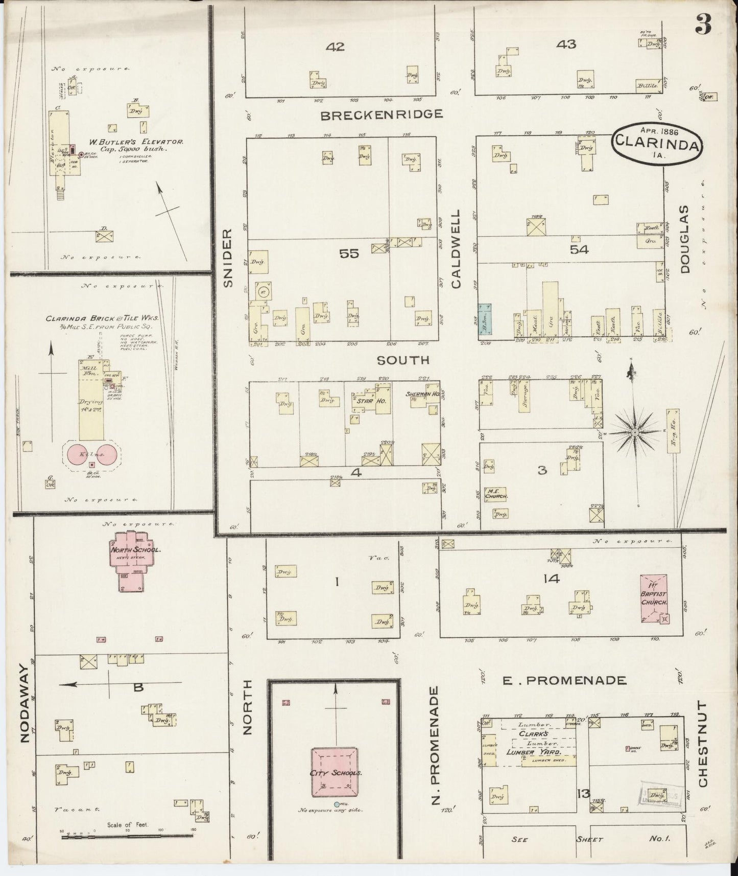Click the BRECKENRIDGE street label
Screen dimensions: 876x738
coord(381,114)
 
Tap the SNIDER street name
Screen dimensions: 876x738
coord(228,258)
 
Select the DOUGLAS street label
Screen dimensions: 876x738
coord(684,239)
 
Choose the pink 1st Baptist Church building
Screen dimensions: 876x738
coord(654,598)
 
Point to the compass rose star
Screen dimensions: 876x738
coord(634,432)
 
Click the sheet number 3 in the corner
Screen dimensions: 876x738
coord(703,25)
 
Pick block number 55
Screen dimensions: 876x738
coord(349,253)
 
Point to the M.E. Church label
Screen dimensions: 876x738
coord(496,493)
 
